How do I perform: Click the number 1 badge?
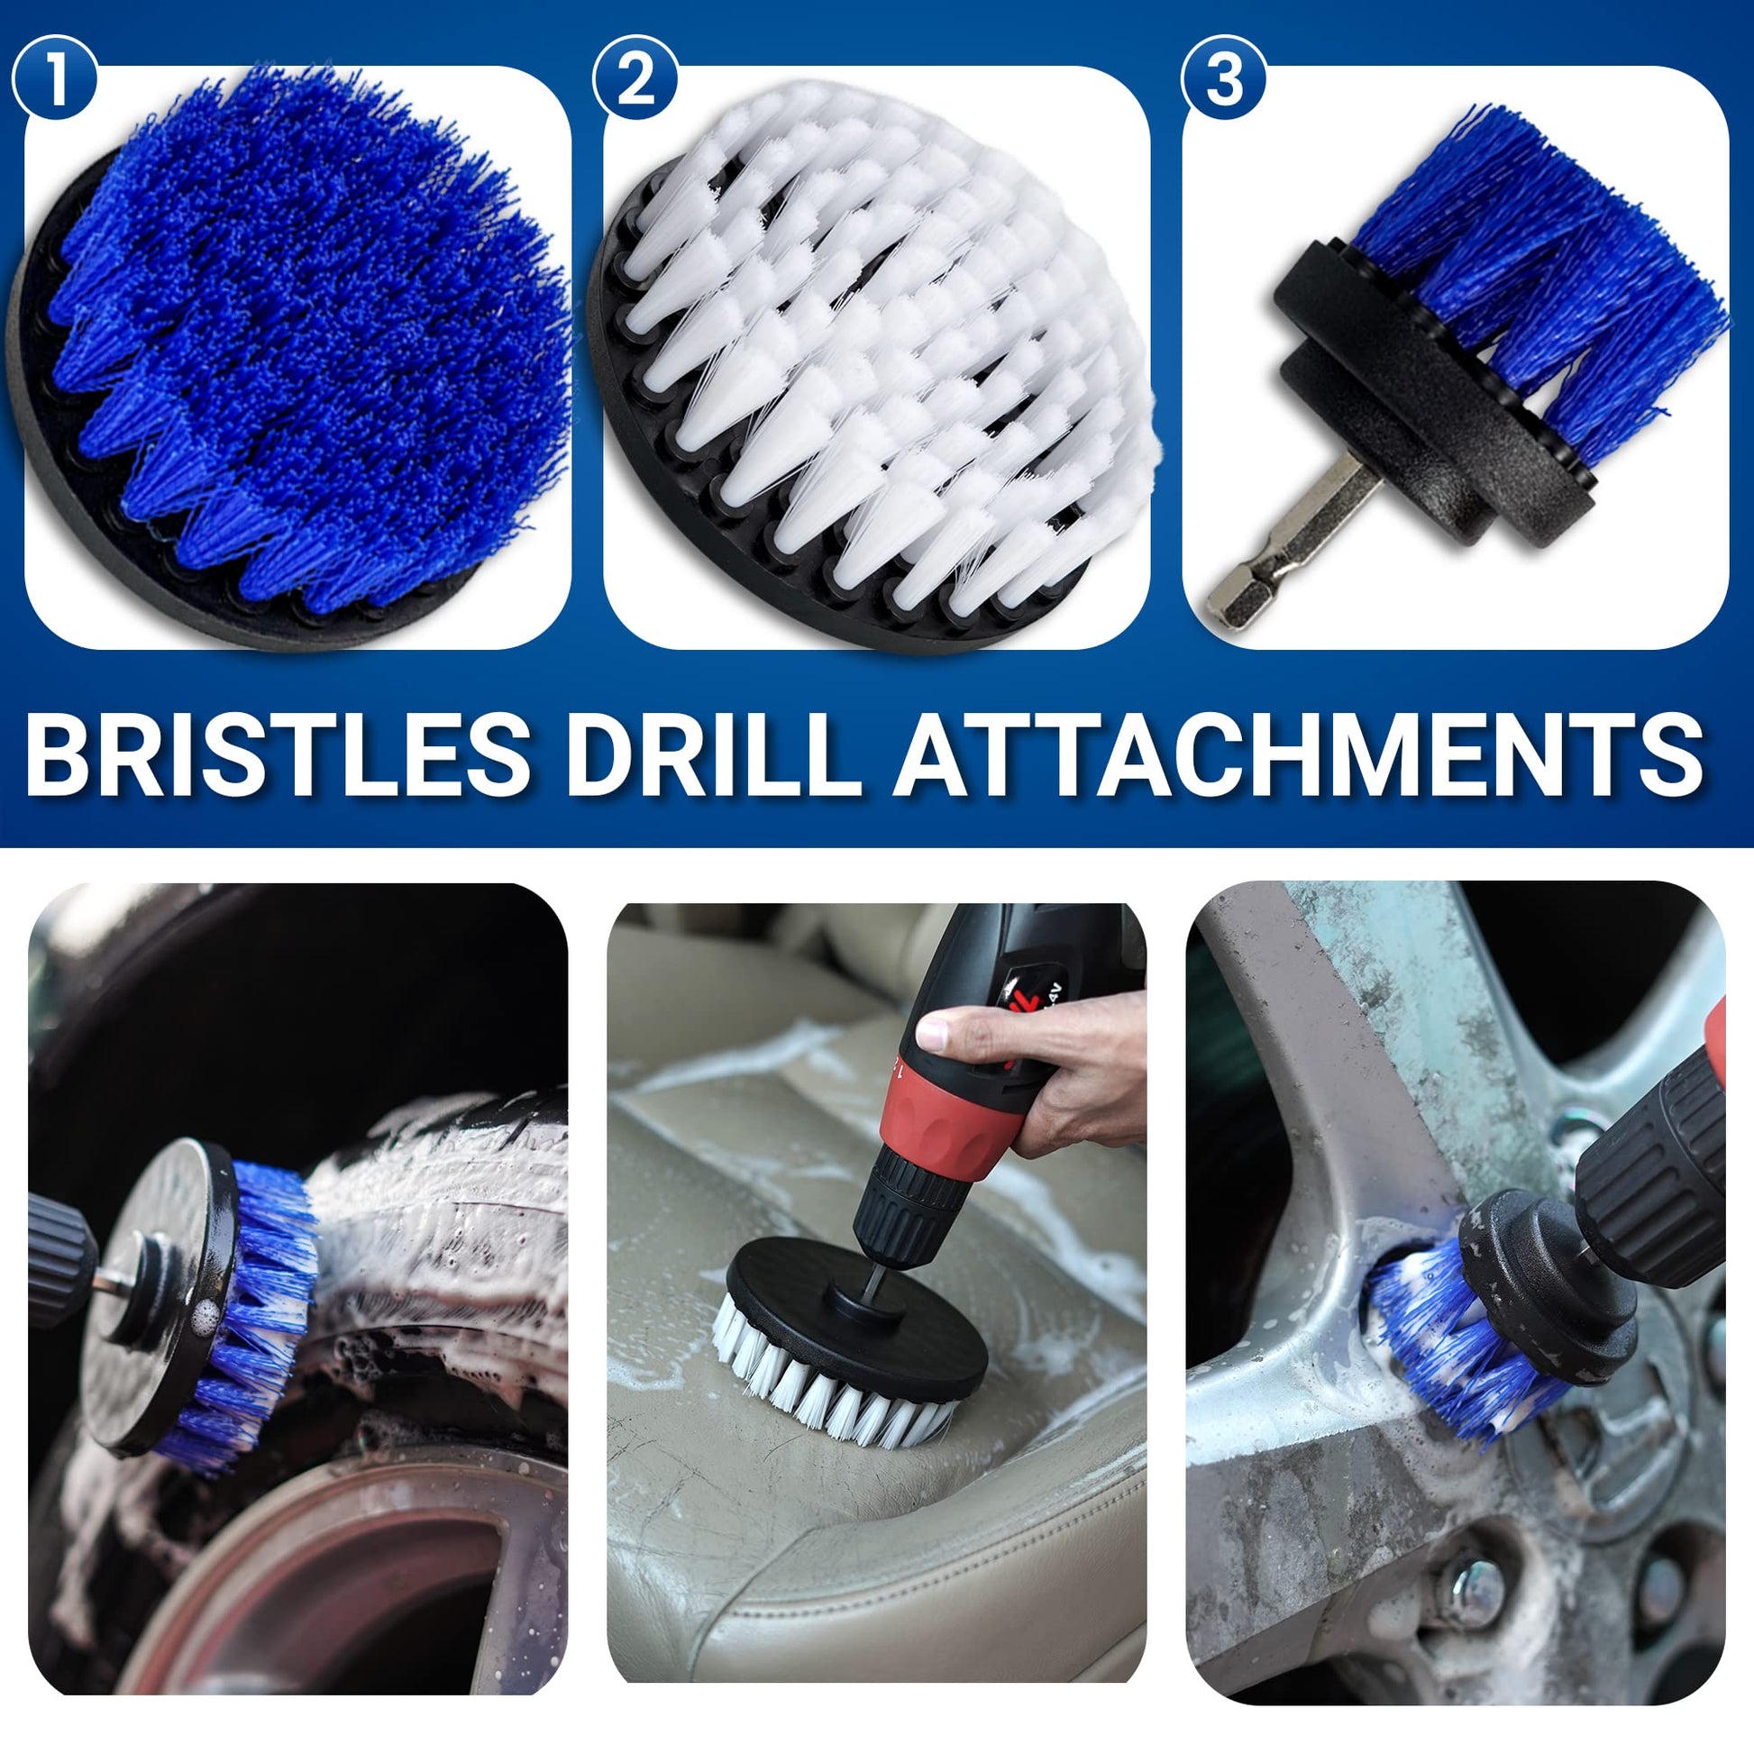(56, 78)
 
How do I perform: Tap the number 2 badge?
(635, 78)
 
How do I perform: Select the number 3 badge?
(1224, 78)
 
